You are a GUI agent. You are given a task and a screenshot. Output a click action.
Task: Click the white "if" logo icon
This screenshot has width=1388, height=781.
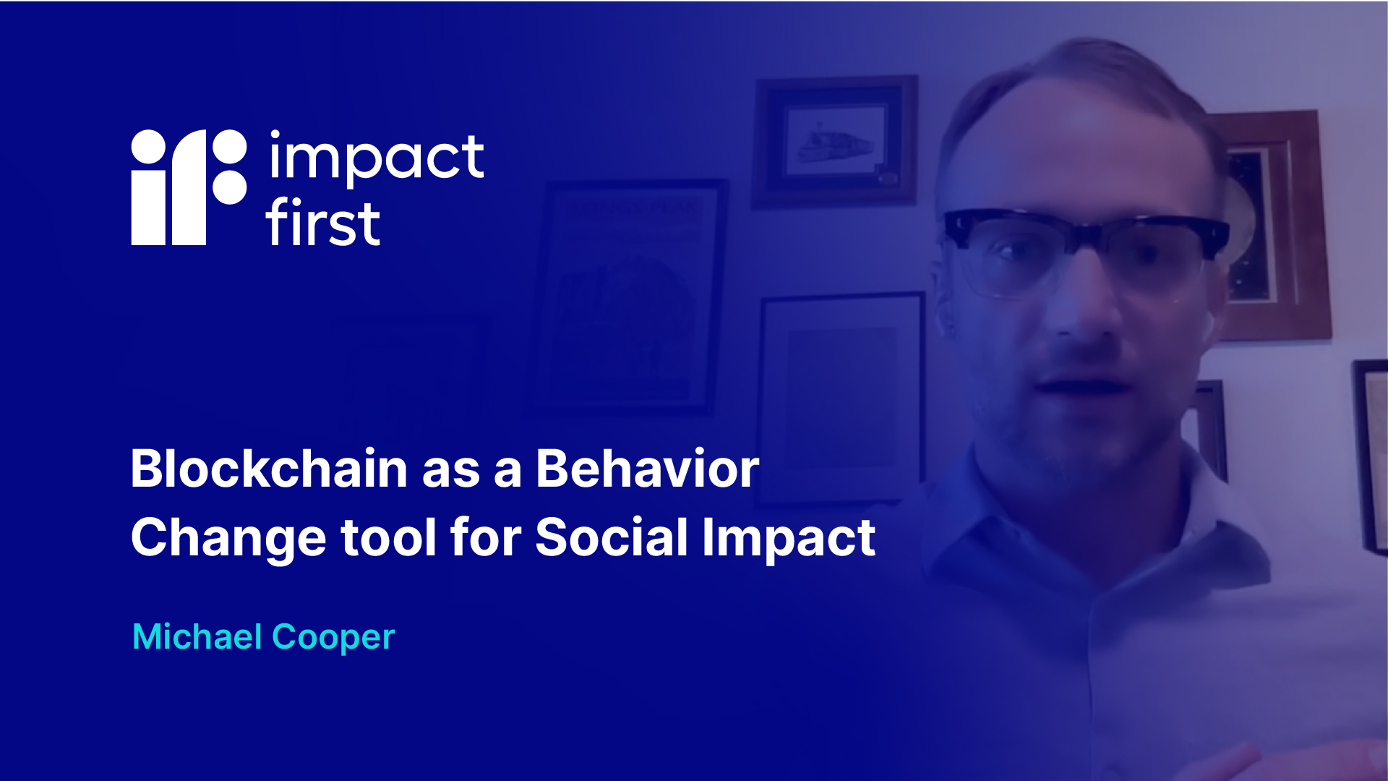189,187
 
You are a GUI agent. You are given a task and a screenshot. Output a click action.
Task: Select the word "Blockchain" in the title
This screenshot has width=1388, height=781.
269,469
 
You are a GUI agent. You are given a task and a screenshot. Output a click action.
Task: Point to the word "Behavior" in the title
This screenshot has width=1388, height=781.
648,469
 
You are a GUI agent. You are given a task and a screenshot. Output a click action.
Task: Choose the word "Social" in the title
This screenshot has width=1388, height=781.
612,537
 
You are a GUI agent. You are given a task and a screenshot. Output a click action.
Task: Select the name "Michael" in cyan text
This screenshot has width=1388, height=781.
197,637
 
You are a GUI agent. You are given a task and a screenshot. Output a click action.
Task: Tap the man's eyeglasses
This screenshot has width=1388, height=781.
1084,249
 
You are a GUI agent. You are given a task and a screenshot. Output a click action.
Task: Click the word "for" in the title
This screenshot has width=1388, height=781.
486,537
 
